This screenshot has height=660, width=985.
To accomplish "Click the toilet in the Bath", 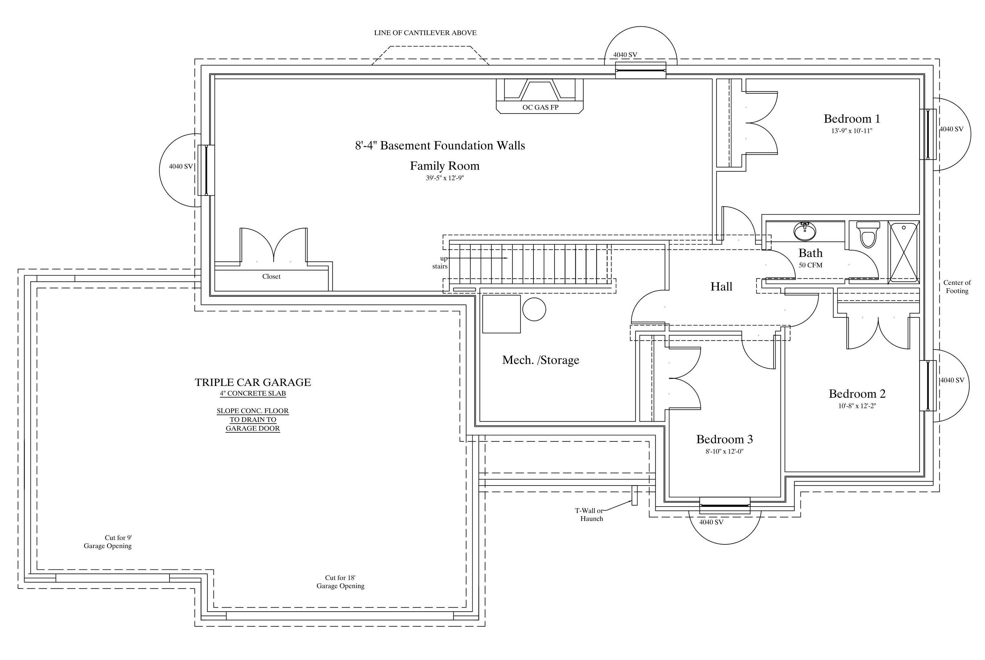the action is [868, 235].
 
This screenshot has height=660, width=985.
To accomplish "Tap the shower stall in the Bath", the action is [903, 252].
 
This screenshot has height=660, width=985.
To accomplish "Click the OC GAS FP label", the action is [541, 107].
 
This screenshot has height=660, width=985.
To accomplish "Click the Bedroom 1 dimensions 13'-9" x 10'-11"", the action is [852, 131].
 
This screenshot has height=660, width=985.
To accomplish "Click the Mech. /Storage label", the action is [541, 360].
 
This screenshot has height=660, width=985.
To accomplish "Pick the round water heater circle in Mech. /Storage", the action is [534, 309].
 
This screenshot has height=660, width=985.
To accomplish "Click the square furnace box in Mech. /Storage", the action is [501, 314].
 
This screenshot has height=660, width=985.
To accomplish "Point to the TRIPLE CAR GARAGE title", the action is [253, 382].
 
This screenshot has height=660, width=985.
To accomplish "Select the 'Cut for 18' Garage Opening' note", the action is [340, 582].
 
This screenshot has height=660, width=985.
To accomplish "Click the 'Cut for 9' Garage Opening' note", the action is [108, 542].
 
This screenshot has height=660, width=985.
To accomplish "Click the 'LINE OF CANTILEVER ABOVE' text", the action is [425, 33].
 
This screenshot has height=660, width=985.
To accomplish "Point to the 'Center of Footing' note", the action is [957, 287].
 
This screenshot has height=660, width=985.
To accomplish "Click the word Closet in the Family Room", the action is [271, 277].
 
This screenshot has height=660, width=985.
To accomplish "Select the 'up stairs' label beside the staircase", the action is [440, 262].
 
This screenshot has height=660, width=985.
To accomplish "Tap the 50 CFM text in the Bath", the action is [811, 265].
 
